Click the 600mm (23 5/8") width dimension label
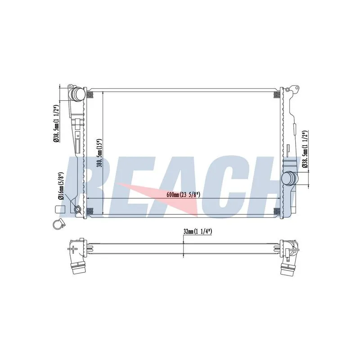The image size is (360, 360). click(x=184, y=195)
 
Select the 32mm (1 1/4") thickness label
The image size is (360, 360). click(x=198, y=231)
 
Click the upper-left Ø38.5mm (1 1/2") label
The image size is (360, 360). click(x=56, y=124)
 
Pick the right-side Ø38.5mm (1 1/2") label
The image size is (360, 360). click(x=305, y=149)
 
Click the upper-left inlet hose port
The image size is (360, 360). click(x=77, y=94)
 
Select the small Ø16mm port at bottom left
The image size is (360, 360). click(x=77, y=210)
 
